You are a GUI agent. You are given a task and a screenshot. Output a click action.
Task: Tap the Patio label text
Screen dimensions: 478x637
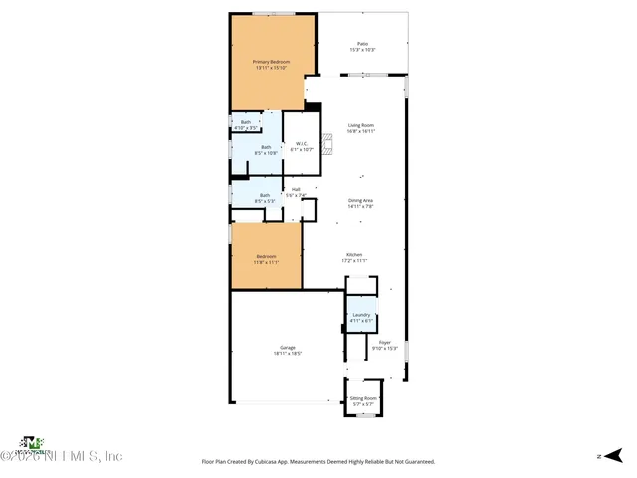tap(362, 44)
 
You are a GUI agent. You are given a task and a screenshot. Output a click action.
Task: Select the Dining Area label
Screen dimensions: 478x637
tap(360, 200)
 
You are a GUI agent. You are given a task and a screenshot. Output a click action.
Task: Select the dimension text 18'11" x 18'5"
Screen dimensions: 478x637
tap(287, 354)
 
